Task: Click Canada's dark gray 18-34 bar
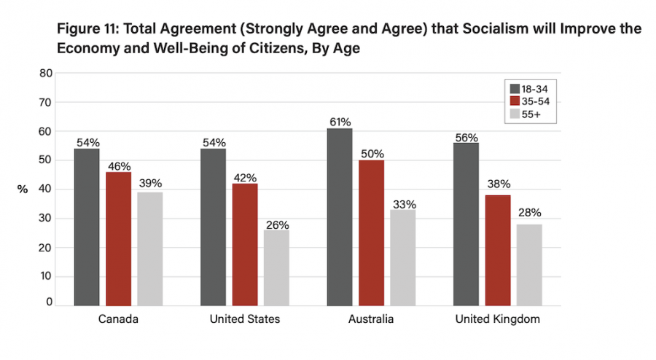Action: [x=87, y=227]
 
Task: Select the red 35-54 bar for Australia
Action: [x=371, y=232]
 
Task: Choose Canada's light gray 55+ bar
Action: [x=150, y=249]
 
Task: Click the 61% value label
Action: [x=340, y=122]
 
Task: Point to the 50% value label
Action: [x=372, y=154]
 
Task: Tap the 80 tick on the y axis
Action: [x=46, y=74]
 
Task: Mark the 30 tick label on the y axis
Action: [x=46, y=219]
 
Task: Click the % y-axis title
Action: [x=23, y=189]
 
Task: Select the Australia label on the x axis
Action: [x=372, y=319]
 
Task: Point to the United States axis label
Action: [x=245, y=319]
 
